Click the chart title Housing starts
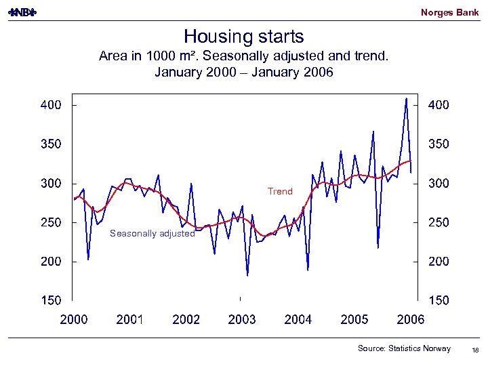click(244, 37)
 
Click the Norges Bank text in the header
click(449, 12)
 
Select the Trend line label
click(280, 192)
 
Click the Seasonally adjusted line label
click(152, 234)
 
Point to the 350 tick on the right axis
click(439, 144)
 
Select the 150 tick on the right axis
click(439, 300)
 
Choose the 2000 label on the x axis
click(73, 320)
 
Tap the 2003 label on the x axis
click(242, 320)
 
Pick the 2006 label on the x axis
click(410, 320)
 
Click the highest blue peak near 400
click(406, 99)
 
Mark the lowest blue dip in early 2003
click(247, 275)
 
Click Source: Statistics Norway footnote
click(404, 348)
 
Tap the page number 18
click(474, 349)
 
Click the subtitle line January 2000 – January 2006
click(244, 72)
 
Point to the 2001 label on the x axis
click(129, 320)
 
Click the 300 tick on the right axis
click(439, 184)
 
